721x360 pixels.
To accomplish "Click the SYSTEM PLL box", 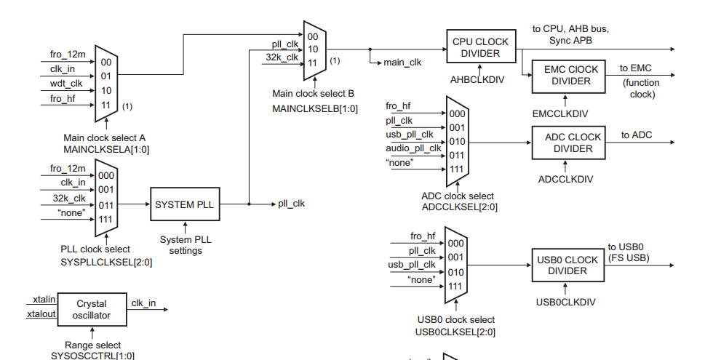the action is (x=185, y=204).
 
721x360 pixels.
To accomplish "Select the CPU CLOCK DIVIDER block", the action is (x=481, y=47).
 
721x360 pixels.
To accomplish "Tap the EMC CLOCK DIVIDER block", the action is (x=568, y=76).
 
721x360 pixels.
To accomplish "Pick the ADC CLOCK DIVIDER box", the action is (x=568, y=143).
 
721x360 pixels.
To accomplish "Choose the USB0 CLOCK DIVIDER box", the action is (x=568, y=265).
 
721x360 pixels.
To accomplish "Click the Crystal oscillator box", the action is (x=92, y=309).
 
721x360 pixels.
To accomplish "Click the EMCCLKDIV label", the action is (x=560, y=114).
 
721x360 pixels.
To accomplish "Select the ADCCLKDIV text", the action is (x=565, y=180).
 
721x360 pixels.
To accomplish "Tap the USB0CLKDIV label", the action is (x=565, y=302).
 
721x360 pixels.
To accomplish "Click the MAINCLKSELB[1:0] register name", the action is (x=315, y=109).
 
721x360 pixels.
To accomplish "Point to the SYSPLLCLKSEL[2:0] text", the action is (x=106, y=262).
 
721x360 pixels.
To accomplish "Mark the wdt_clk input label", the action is (x=66, y=84).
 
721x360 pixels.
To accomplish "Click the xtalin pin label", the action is (x=44, y=300).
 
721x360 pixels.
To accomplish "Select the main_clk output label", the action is (x=402, y=63).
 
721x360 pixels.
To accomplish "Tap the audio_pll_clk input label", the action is (x=413, y=148).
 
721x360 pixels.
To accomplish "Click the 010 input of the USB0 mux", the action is (x=455, y=272).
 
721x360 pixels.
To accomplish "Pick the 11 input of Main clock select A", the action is (x=106, y=105).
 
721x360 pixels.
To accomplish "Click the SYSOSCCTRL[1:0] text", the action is (x=93, y=356).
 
